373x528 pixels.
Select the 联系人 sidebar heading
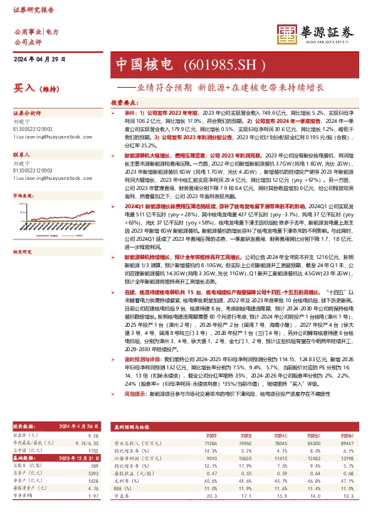pyautogui.click(x=22, y=154)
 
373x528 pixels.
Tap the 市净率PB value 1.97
pyautogui.click(x=94, y=496)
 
